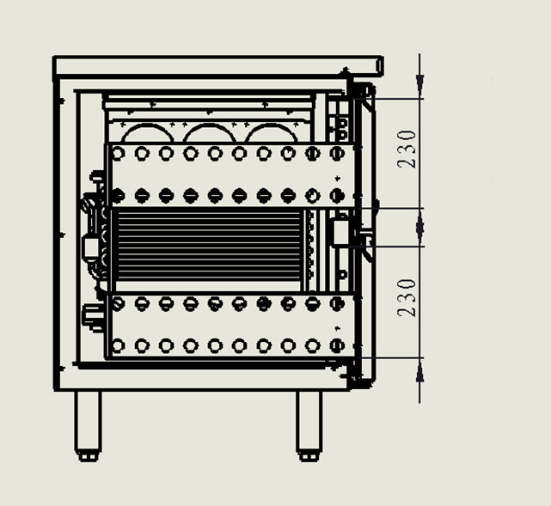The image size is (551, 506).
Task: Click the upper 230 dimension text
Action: click(x=407, y=149)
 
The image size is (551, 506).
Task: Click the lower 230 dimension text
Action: click(x=407, y=298)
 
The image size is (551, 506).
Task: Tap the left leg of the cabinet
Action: click(x=89, y=421)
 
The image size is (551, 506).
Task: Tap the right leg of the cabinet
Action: click(x=309, y=421)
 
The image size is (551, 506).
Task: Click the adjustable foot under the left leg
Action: click(x=89, y=456)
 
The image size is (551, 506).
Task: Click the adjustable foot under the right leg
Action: click(x=309, y=456)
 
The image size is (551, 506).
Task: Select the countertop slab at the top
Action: click(x=217, y=65)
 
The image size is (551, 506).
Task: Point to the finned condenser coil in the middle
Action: click(x=209, y=245)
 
